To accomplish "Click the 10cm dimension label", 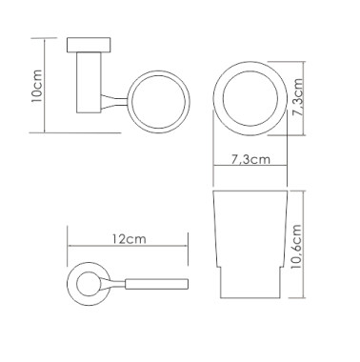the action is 37,86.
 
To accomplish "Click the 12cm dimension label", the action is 129,239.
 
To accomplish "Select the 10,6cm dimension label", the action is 295,246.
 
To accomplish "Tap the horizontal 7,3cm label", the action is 250,159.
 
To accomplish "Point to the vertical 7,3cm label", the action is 298,98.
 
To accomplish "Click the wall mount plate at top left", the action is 89,45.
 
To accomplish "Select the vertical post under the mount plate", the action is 89,83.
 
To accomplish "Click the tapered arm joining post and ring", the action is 114,102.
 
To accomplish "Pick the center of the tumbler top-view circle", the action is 250,98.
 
